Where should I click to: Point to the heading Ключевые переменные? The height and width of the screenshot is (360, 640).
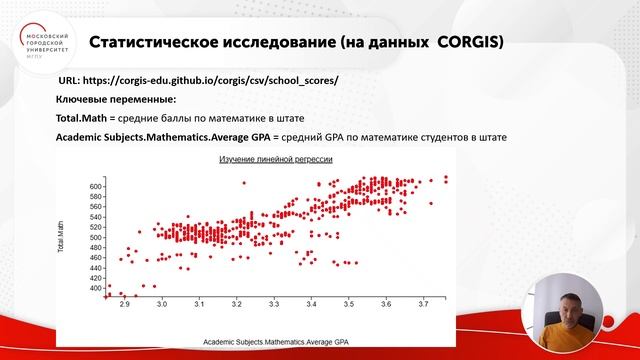click(112, 99)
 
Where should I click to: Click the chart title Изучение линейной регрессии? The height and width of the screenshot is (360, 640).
click(277, 160)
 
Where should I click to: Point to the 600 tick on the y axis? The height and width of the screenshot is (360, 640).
click(97, 187)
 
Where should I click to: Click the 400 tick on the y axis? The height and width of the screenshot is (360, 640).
click(97, 288)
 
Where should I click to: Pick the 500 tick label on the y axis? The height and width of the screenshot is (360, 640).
click(97, 237)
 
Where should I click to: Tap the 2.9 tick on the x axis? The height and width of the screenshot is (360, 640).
click(124, 301)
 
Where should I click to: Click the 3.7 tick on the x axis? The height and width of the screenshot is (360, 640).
click(424, 301)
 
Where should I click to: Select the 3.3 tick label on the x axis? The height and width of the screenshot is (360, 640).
click(274, 301)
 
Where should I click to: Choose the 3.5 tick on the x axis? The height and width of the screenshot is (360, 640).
click(349, 301)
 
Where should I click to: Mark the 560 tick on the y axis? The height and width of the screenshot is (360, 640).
click(97, 207)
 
